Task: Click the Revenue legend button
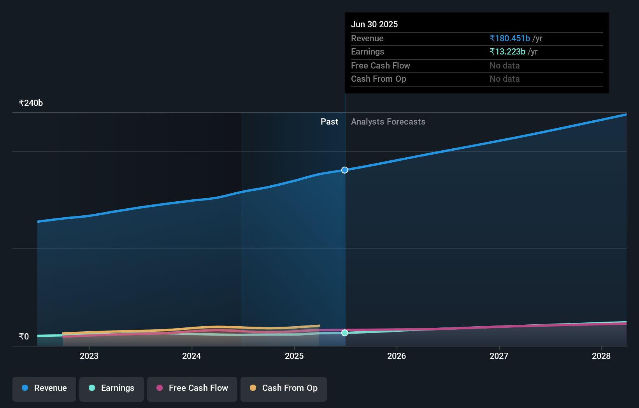(x=44, y=389)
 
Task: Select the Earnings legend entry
(x=112, y=389)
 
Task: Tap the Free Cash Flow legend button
(x=192, y=389)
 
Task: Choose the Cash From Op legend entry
(x=284, y=389)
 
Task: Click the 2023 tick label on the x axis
(x=89, y=356)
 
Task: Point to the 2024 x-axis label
(x=191, y=356)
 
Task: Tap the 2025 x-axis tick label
(x=294, y=356)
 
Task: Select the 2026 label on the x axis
(x=397, y=356)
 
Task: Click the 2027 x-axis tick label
(x=499, y=356)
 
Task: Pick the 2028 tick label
(x=601, y=356)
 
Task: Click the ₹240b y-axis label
(x=31, y=103)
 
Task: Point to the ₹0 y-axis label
(x=24, y=337)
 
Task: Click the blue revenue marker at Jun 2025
(x=345, y=170)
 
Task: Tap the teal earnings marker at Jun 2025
(x=345, y=333)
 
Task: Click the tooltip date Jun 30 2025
(x=374, y=24)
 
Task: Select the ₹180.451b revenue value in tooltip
(x=510, y=39)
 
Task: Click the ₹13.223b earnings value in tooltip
(x=507, y=52)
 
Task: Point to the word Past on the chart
(x=329, y=122)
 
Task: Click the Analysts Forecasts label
(x=388, y=122)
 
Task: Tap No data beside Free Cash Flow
(x=504, y=66)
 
